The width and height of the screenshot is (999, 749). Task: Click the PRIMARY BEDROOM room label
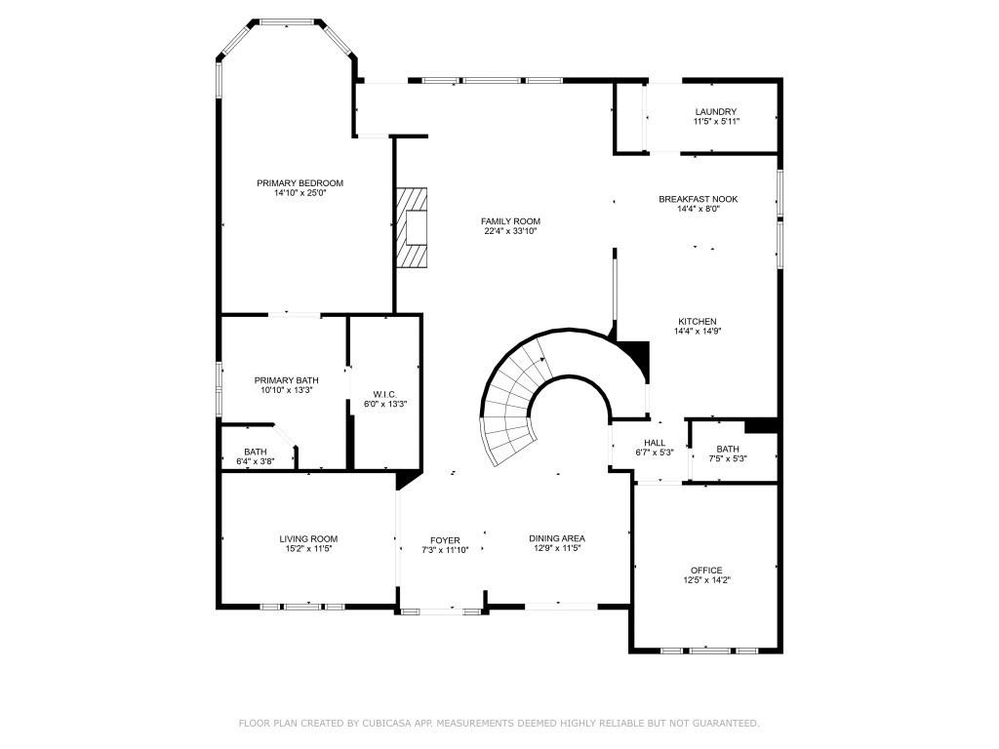click(300, 183)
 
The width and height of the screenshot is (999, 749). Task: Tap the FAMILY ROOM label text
click(510, 221)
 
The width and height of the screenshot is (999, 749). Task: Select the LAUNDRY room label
click(716, 112)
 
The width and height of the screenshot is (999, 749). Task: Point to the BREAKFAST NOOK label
click(698, 199)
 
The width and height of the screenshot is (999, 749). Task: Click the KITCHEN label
click(698, 322)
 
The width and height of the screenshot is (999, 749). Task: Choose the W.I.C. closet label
click(384, 394)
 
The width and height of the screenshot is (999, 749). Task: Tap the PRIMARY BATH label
click(286, 380)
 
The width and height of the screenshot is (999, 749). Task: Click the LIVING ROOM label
click(308, 539)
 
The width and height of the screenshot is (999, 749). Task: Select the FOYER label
click(445, 540)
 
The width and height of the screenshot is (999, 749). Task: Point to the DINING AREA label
click(557, 539)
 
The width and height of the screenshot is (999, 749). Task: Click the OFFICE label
click(706, 571)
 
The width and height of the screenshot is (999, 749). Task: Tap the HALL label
click(655, 443)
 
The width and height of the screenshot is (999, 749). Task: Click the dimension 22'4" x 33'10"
click(510, 232)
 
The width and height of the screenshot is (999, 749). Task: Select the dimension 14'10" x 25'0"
click(300, 193)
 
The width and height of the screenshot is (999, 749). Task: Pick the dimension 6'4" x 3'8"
click(256, 461)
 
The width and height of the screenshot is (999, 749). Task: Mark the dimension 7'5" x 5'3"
click(728, 458)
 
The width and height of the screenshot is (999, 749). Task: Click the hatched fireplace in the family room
click(412, 227)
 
